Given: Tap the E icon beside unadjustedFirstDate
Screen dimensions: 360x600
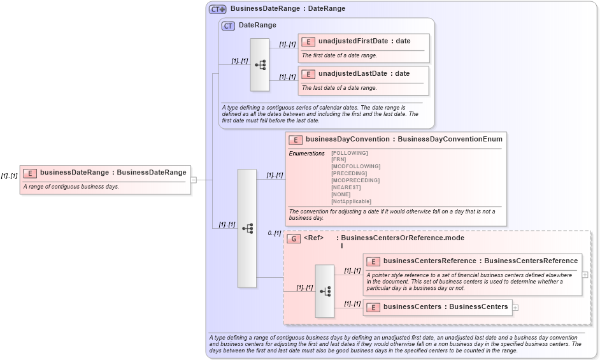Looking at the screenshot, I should tap(308, 41).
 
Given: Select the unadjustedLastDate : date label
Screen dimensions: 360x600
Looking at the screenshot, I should tap(364, 73).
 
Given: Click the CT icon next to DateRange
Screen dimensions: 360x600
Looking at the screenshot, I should tap(228, 25).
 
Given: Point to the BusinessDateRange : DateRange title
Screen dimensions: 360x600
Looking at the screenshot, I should tap(287, 9).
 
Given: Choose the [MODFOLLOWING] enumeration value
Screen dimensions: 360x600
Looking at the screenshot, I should tap(355, 166).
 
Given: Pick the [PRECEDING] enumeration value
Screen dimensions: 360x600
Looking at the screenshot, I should tap(349, 173).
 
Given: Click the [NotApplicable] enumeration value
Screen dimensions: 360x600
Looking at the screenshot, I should tap(351, 201).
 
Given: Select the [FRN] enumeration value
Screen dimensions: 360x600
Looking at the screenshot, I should tap(339, 159).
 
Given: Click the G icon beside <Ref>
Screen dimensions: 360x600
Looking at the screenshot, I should tap(294, 238).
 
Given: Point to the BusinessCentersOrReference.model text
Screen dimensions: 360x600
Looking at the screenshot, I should tap(403, 238).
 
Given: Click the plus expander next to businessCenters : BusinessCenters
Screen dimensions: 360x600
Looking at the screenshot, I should tap(515, 307).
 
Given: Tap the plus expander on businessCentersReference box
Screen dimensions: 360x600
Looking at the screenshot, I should tap(585, 275).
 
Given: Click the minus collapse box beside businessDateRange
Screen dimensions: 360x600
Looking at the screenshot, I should tap(194, 180).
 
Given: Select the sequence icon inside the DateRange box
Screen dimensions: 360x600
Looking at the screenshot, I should tap(260, 64).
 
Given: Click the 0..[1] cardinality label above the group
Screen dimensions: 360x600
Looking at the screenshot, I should tap(275, 233).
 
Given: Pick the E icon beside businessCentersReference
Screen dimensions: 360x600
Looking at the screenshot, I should tap(373, 261).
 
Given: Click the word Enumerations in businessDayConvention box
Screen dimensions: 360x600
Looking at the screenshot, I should tap(306, 153).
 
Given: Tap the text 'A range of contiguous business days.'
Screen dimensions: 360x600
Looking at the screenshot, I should tap(71, 187).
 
